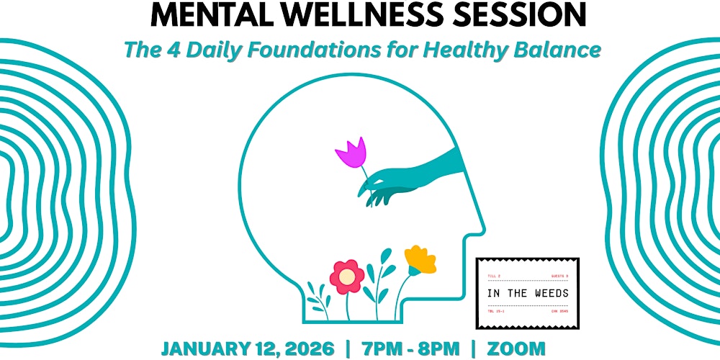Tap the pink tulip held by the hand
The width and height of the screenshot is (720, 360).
pyautogui.click(x=351, y=152)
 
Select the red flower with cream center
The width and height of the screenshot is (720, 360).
pyautogui.click(x=346, y=276)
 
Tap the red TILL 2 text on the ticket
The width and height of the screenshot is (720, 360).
pyautogui.click(x=494, y=276)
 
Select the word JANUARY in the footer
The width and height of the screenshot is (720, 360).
pyautogui.click(x=205, y=348)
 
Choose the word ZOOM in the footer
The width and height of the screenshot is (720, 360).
pyautogui.click(x=516, y=348)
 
